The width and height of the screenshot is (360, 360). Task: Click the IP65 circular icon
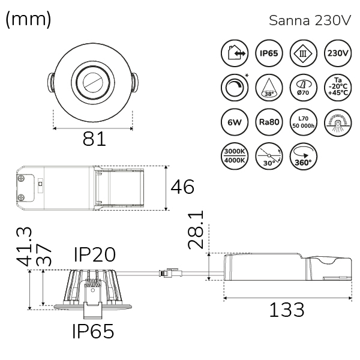pyautogui.click(x=269, y=53)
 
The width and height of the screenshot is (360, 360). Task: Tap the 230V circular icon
pyautogui.click(x=338, y=53)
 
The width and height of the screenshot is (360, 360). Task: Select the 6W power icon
pyautogui.click(x=235, y=122)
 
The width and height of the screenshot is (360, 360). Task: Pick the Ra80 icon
pyautogui.click(x=269, y=122)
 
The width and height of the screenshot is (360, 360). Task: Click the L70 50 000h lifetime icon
pyautogui.click(x=303, y=122)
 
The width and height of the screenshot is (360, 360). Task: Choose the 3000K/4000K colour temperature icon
pyautogui.click(x=235, y=157)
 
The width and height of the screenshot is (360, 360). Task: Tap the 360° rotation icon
pyautogui.click(x=303, y=157)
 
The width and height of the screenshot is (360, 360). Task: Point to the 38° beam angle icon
pyautogui.click(x=269, y=88)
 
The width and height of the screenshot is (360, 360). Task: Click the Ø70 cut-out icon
pyautogui.click(x=303, y=88)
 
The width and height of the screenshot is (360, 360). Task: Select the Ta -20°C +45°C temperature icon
pyautogui.click(x=338, y=88)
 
